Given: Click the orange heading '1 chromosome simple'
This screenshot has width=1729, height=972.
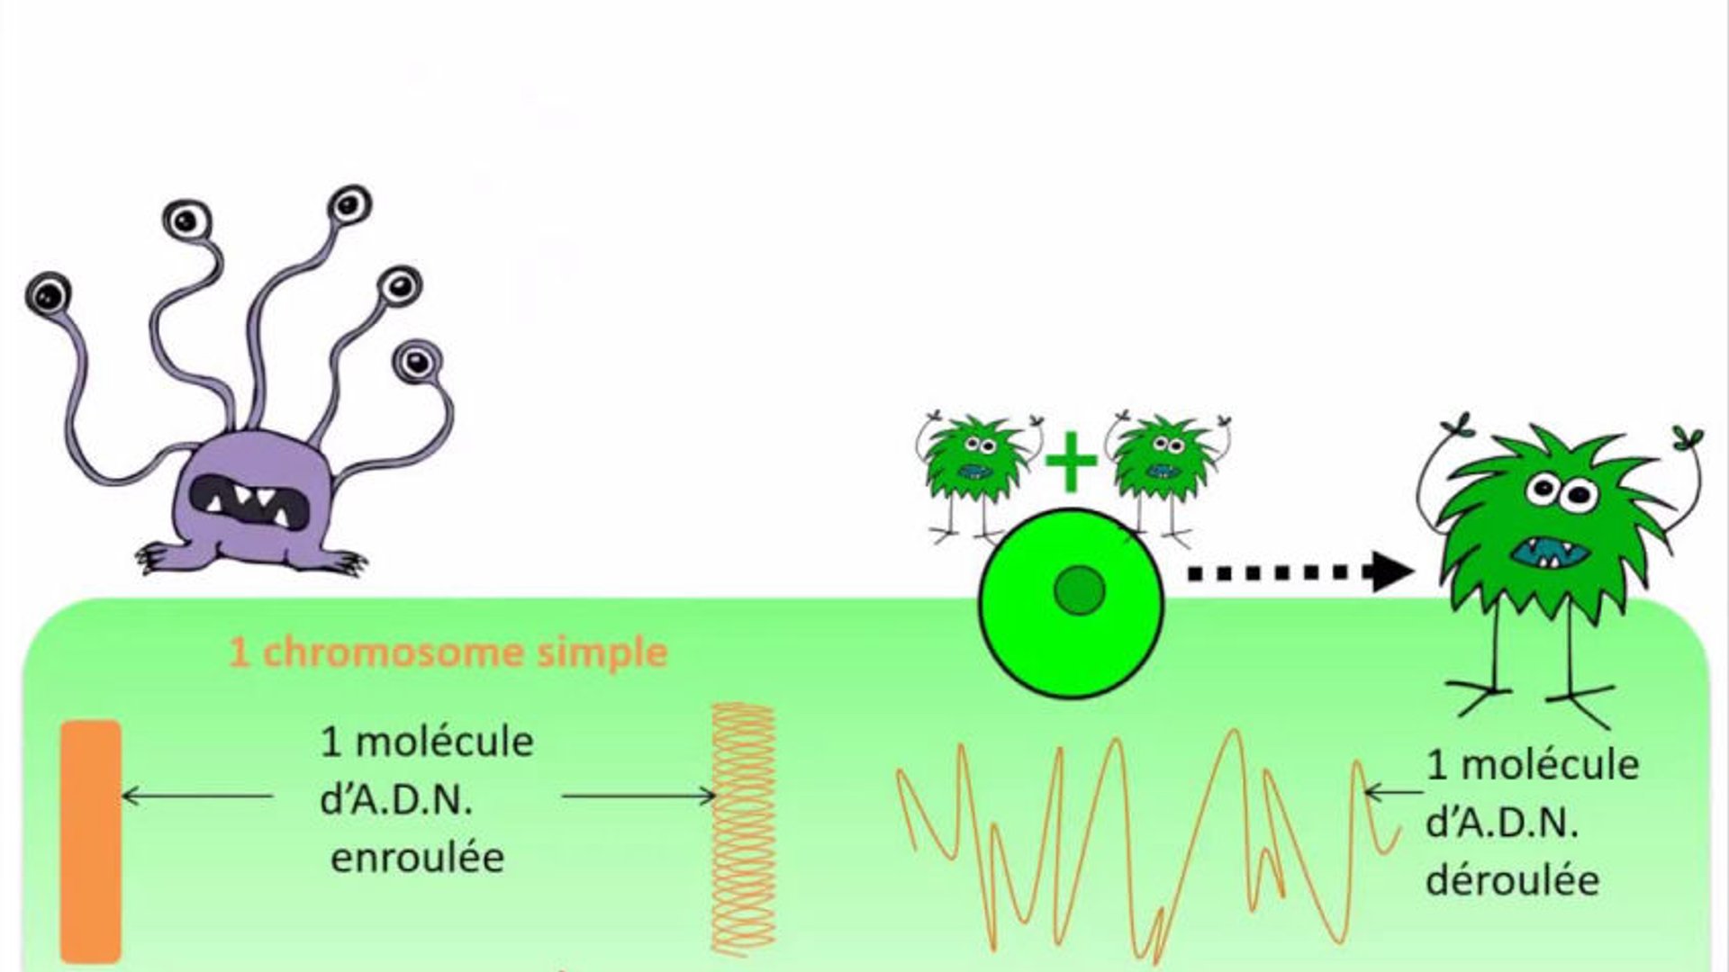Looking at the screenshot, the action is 448,652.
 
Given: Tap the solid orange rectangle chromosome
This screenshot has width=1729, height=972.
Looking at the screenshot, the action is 91,841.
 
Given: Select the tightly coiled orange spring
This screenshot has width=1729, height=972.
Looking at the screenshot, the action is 743,828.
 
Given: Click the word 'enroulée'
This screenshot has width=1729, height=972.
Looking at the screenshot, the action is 417,857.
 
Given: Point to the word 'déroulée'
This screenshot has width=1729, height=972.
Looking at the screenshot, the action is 1513,879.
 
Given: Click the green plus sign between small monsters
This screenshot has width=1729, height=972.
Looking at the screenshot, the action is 1071,460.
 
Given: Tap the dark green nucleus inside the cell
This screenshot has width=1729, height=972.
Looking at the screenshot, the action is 1080,590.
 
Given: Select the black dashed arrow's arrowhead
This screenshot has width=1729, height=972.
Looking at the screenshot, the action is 1392,571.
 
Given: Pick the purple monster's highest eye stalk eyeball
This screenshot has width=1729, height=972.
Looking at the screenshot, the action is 349,203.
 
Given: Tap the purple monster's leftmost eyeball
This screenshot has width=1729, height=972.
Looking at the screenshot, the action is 49,292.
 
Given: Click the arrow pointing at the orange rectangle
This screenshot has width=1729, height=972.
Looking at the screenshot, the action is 197,796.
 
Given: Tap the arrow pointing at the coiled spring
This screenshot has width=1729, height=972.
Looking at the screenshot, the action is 638,796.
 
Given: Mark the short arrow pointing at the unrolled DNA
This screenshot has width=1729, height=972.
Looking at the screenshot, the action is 1394,793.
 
